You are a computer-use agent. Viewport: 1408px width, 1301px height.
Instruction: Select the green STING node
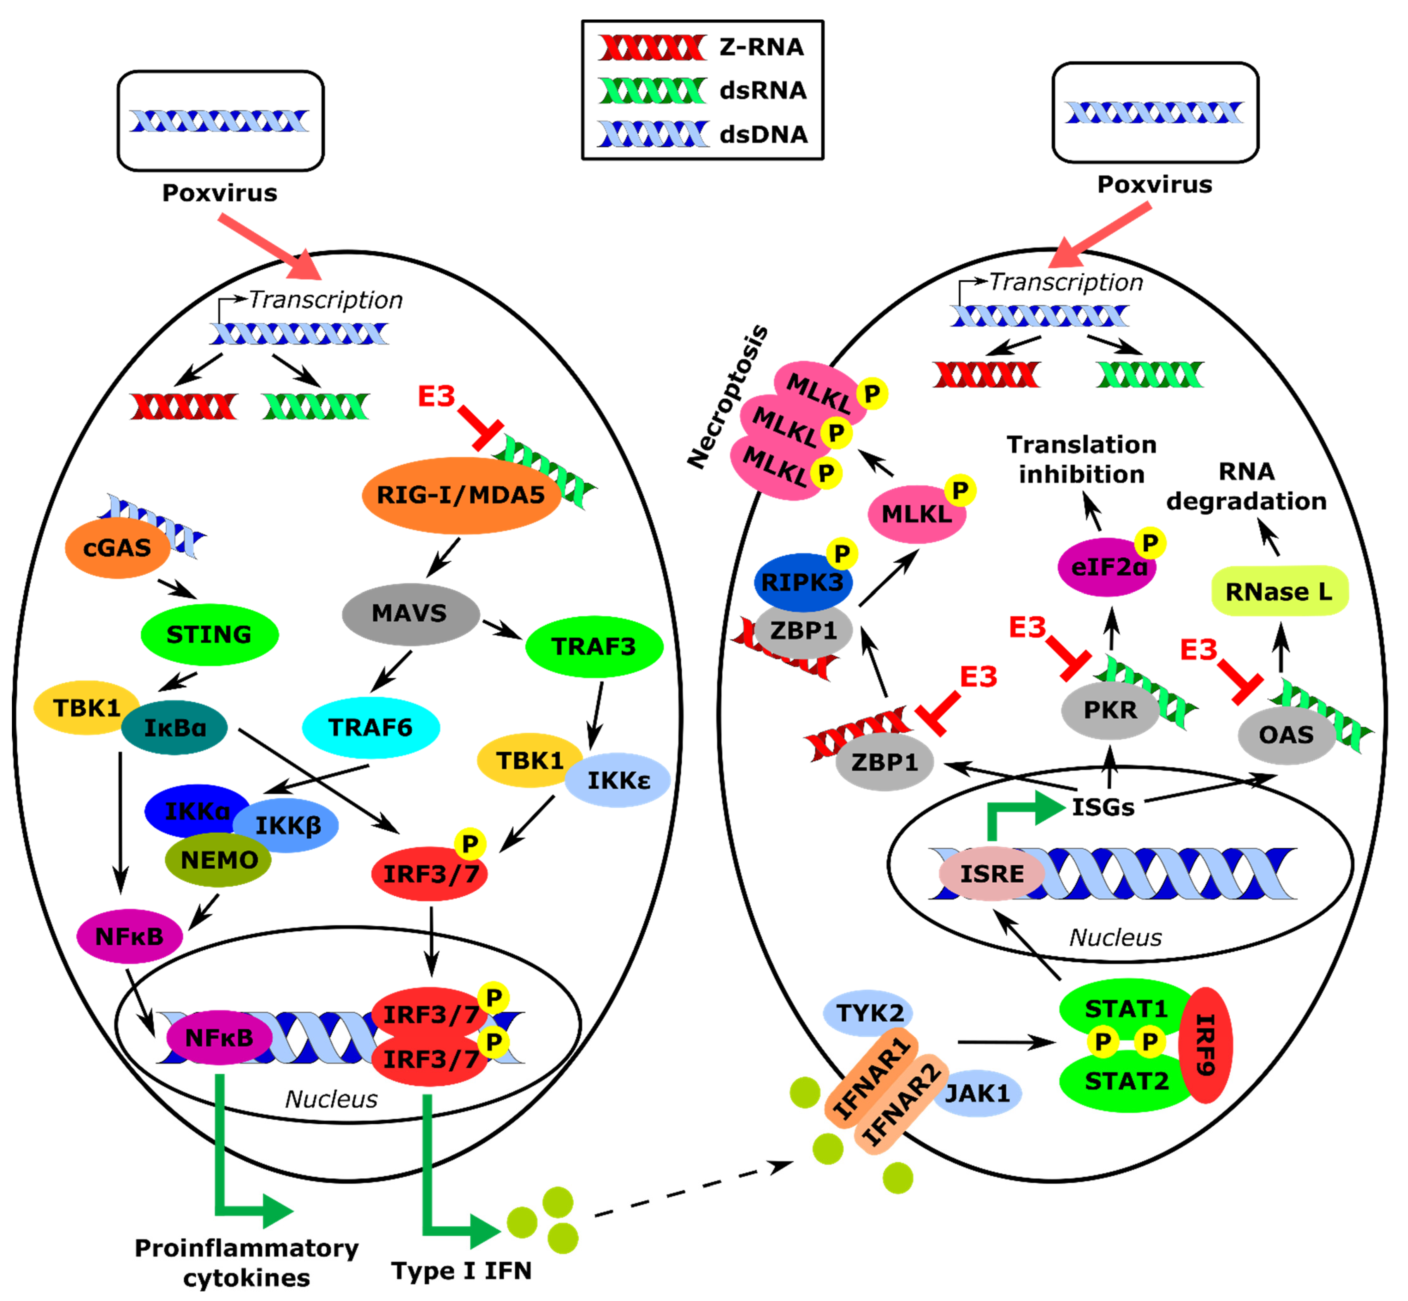point(209,634)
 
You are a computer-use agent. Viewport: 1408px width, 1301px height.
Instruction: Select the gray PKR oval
point(1110,710)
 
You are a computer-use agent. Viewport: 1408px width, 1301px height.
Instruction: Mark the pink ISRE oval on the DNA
point(992,874)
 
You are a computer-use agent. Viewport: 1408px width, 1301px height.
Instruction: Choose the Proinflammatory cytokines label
point(246,1262)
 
